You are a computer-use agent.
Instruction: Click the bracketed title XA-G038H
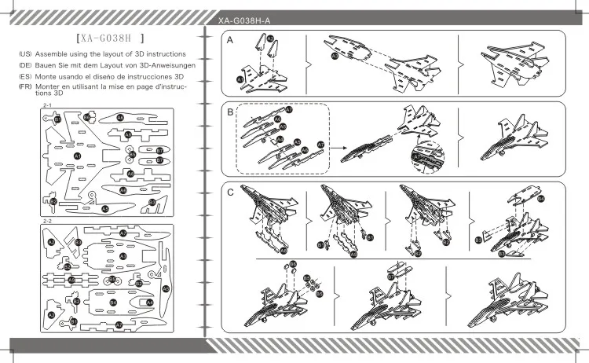click(x=108, y=37)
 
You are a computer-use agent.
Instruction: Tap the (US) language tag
click(x=25, y=53)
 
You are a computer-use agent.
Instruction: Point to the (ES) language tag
click(x=25, y=76)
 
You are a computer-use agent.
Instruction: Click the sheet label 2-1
click(x=46, y=104)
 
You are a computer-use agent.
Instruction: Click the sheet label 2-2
click(x=46, y=222)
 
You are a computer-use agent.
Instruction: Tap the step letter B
click(x=230, y=112)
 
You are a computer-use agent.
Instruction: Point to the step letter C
click(x=230, y=192)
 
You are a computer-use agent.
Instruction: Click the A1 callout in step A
click(x=240, y=80)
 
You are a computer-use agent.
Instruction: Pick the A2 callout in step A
click(x=270, y=38)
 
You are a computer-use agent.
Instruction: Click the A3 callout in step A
click(x=335, y=57)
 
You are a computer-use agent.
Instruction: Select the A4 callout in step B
click(x=280, y=139)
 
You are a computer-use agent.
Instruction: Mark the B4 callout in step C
click(x=542, y=200)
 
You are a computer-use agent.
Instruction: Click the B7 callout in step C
click(x=390, y=277)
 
